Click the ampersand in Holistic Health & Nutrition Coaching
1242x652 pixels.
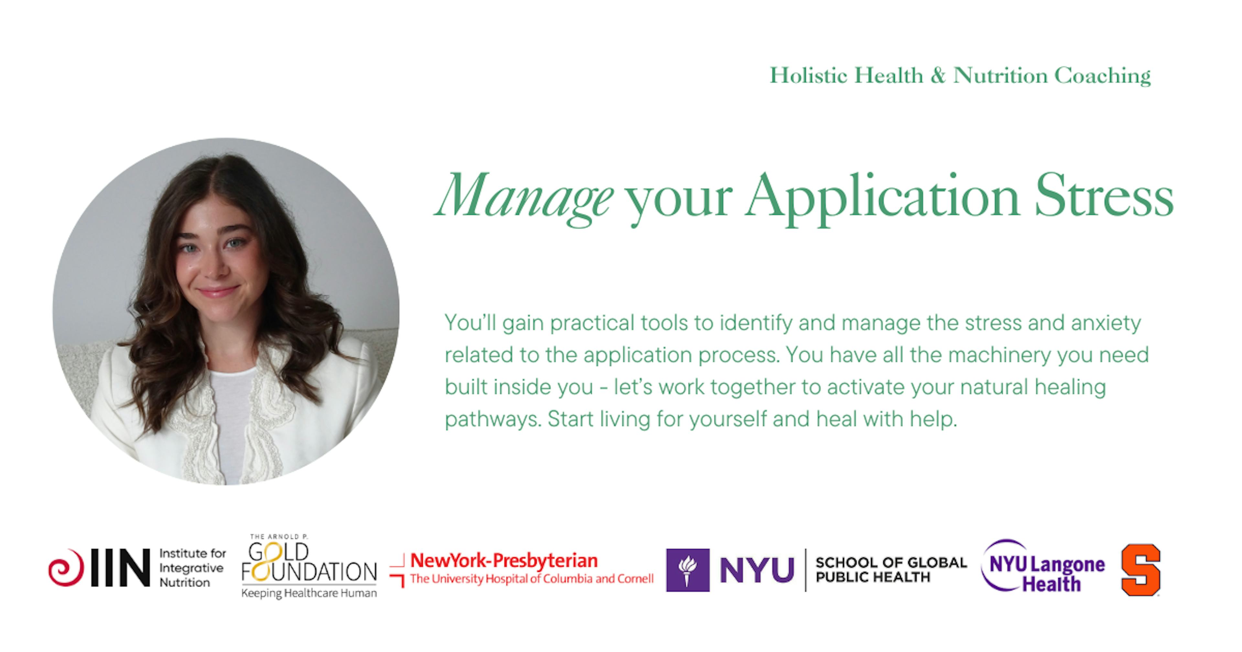(x=938, y=76)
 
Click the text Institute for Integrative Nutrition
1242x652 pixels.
(x=192, y=568)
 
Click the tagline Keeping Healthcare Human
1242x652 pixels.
(x=309, y=593)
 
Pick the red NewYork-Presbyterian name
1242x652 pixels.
(x=504, y=560)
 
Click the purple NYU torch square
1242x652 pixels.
(x=688, y=570)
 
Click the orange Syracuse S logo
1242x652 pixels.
(x=1141, y=570)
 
